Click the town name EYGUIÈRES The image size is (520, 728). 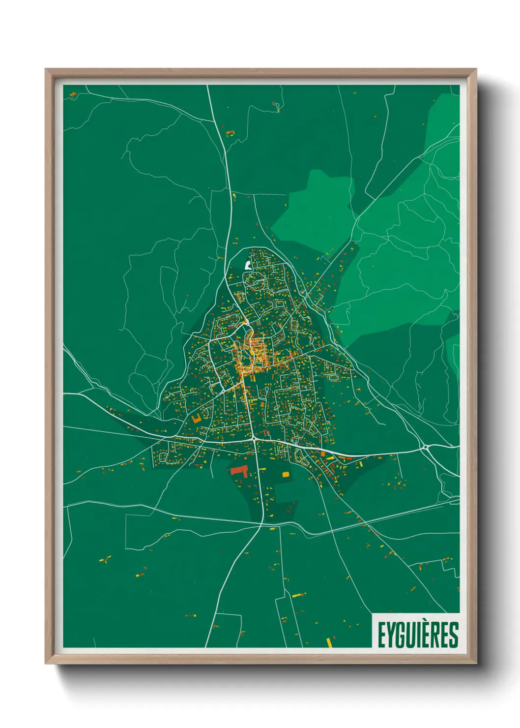(x=418, y=635)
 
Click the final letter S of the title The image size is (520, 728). (x=453, y=635)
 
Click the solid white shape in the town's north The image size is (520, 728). (x=247, y=266)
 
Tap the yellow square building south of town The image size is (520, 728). (x=286, y=475)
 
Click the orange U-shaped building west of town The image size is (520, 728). (x=197, y=419)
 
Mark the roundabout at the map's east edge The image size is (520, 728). (x=425, y=448)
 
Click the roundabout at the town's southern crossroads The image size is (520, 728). (x=253, y=437)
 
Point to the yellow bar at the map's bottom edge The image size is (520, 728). (x=329, y=642)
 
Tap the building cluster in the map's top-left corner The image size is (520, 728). (x=73, y=95)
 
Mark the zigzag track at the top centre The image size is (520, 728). (x=277, y=106)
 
